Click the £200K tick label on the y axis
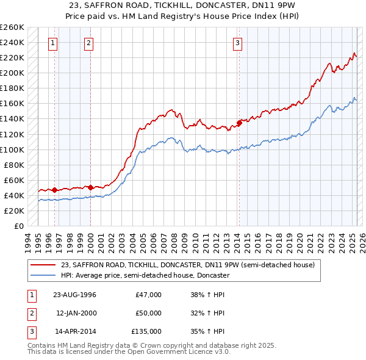[x=12, y=73]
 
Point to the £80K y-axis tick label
[x=14, y=165]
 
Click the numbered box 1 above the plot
[x=54, y=43]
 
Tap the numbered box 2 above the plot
[x=89, y=43]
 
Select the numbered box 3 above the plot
[x=237, y=43]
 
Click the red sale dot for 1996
[x=55, y=190]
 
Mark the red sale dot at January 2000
[x=90, y=187]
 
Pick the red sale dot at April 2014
[x=239, y=123]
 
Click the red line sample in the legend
[x=44, y=265]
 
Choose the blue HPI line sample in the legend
[x=44, y=275]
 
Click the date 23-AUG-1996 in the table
[x=74, y=295]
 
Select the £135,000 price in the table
[x=146, y=331]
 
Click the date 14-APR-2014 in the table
[x=74, y=331]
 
